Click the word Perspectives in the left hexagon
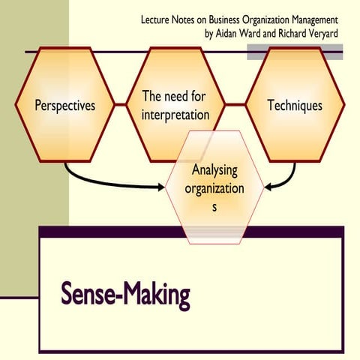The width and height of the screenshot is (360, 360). (65, 105)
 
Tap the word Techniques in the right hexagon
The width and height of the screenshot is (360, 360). (295, 105)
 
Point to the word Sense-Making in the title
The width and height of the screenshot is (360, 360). (125, 295)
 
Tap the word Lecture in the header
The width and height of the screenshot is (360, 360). (156, 19)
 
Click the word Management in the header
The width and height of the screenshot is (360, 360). (312, 19)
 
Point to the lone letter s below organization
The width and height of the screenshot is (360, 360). (214, 207)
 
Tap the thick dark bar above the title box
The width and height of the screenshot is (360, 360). (191, 231)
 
